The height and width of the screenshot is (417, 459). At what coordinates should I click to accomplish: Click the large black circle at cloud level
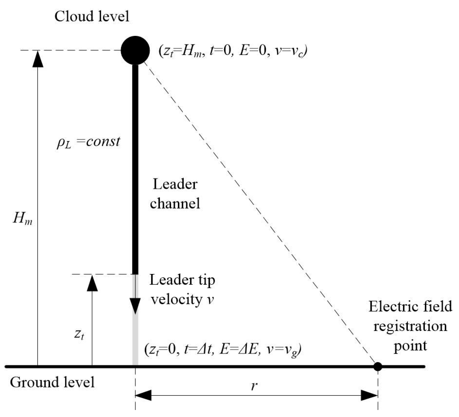pos(135,50)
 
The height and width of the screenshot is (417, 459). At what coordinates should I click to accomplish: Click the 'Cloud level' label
pos(92,16)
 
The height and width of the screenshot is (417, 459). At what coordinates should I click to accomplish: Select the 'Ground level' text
pos(52,382)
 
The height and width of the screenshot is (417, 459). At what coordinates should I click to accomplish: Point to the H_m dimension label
pos(23,218)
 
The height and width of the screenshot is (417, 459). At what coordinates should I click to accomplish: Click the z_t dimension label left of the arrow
pos(79,334)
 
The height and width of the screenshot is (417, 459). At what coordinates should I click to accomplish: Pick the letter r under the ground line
pos(254,386)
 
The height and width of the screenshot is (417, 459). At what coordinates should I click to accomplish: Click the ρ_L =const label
pos(88,142)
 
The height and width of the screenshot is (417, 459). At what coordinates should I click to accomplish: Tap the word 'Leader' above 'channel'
pos(175,184)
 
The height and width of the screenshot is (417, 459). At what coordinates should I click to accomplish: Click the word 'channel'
pos(175,203)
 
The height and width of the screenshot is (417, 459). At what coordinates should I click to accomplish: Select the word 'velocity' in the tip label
pos(177,299)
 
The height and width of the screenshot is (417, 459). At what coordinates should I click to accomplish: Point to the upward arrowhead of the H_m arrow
pos(38,59)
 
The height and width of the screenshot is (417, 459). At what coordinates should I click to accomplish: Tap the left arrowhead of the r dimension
pos(143,395)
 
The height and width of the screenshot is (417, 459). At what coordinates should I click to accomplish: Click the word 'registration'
pos(410,326)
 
